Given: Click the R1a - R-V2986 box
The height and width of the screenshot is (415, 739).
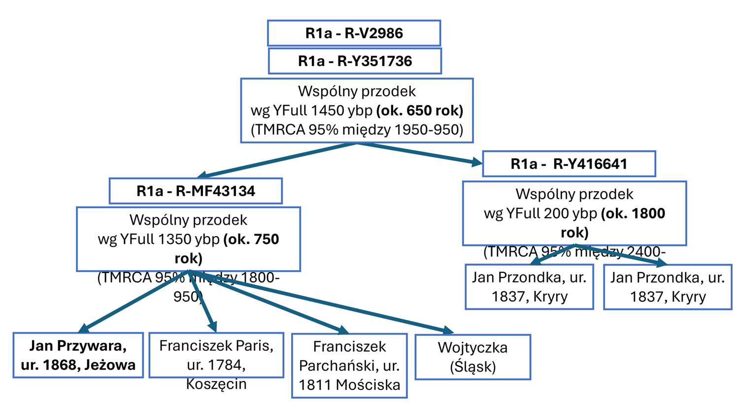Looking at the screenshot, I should point(354,33).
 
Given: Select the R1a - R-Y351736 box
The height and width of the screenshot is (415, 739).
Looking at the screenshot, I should point(355,61).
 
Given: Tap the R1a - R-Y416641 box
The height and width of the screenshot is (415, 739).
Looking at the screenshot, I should point(569,164).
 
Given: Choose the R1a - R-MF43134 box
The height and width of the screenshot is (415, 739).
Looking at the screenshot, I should point(196,191).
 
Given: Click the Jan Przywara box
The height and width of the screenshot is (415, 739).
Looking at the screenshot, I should point(78,355).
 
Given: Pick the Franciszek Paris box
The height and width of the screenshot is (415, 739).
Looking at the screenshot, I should point(216,355).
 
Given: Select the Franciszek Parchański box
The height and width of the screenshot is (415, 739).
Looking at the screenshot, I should point(349,365).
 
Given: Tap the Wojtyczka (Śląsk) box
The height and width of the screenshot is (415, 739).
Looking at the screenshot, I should point(472,357).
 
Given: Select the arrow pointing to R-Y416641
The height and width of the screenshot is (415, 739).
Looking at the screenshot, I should point(419,153).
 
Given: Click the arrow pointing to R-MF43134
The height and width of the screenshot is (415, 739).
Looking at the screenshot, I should point(276,161).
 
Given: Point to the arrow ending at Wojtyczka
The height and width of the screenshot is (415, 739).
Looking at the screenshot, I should point(320,301).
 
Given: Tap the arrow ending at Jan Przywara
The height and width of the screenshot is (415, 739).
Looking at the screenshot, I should point(133,301).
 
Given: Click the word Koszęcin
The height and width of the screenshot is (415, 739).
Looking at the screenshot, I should point(216,384).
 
